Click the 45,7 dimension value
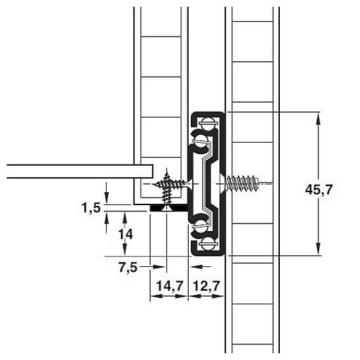tap(319, 190)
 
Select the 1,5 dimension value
tap(91, 208)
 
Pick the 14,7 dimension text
tap(169, 286)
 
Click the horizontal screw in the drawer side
tap(170, 183)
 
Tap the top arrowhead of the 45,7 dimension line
tap(318, 116)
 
